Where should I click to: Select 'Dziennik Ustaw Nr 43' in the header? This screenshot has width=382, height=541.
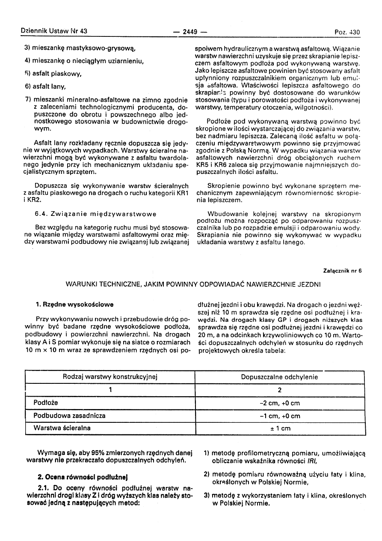tap(53, 31)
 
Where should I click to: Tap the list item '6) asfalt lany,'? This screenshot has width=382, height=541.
tap(45, 87)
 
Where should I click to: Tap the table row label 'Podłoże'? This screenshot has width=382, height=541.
tap(46, 403)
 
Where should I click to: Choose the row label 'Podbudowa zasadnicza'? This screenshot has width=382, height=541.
tap(69, 415)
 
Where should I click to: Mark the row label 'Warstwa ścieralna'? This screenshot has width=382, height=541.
tap(62, 428)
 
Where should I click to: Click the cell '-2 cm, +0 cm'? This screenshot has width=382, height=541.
tap(280, 403)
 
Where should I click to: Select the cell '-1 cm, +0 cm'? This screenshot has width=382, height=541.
tap(280, 416)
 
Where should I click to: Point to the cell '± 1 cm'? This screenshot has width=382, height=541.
tap(280, 428)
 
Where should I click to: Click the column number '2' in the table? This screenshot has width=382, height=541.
tap(280, 390)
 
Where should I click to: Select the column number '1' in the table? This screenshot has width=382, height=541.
tap(110, 390)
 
